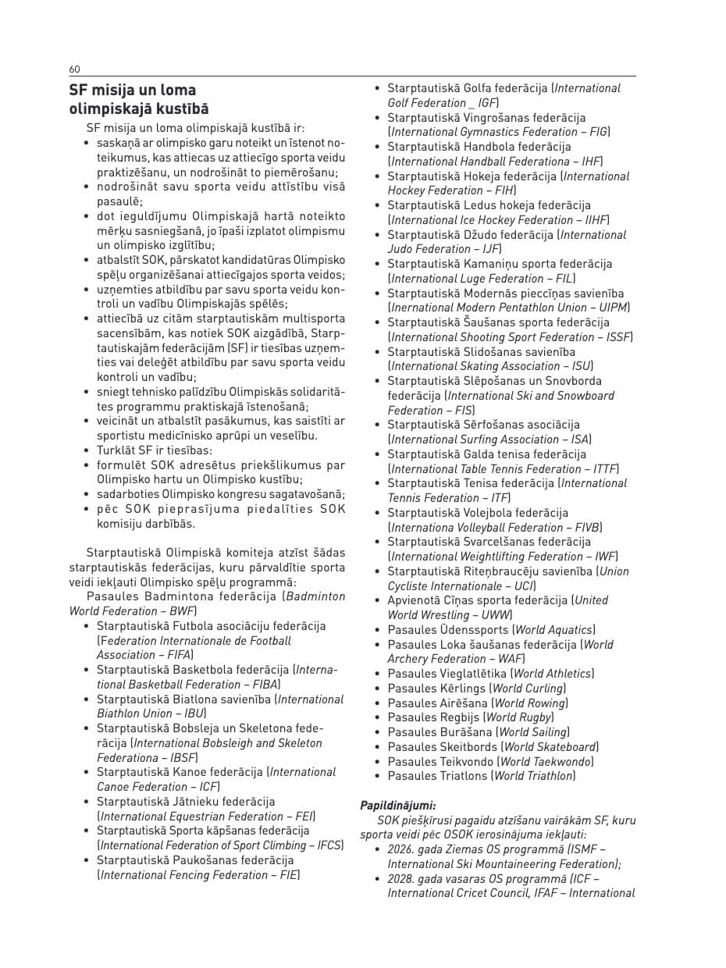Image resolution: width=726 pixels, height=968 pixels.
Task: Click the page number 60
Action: pos(74,69)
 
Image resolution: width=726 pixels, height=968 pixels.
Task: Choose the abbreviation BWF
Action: pos(182,611)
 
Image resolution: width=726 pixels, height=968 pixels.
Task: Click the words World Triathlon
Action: pos(534,776)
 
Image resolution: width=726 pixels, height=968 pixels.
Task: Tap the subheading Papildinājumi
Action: pos(398,805)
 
